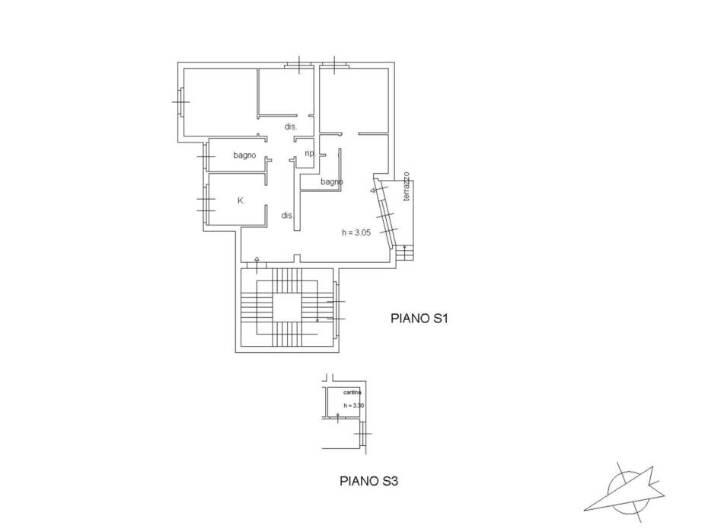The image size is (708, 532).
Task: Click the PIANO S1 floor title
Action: pos(419,319)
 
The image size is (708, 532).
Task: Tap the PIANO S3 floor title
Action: pos(368,481)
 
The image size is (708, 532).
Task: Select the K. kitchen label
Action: pos(241,200)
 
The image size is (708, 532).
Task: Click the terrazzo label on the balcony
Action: pos(407,186)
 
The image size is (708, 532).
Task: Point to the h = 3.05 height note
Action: pos(356,232)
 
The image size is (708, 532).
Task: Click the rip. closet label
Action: pos(310,153)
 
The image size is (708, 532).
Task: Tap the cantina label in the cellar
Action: pos(352,393)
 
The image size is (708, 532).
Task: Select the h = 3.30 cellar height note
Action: pos(353,405)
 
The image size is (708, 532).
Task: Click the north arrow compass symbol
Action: pos(624,492)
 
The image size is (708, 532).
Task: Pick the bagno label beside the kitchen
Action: pos(244,155)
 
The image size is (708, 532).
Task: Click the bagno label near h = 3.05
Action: pos(332,181)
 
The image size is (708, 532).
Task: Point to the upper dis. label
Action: pos(290,127)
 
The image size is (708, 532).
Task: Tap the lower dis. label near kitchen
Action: pos(288,216)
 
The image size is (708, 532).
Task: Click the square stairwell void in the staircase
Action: pos(287,307)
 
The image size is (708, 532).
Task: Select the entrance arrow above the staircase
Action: pos(257,265)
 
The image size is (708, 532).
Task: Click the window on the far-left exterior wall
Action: pos(180,101)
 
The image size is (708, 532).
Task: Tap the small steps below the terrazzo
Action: pos(404,253)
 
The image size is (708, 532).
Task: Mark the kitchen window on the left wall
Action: pos(206,204)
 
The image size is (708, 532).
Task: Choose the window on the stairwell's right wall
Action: pos(336,310)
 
